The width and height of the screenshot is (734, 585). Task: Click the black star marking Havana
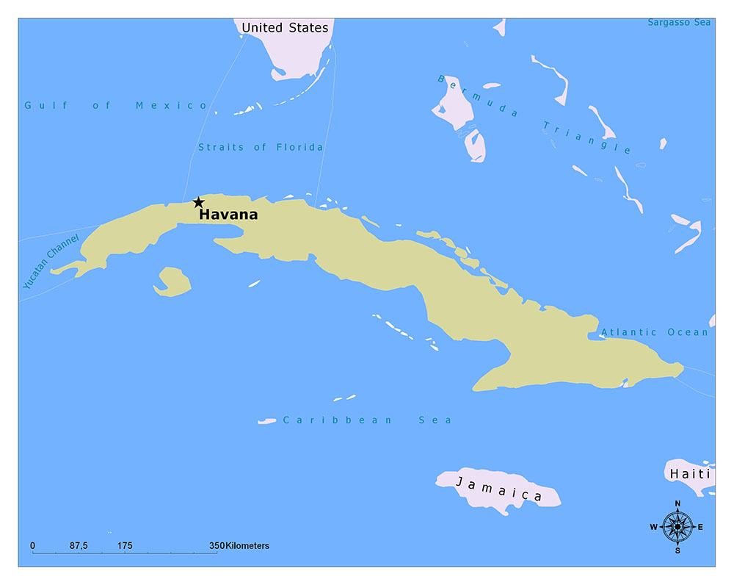(x=198, y=202)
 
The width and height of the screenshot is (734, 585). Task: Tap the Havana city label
(x=228, y=215)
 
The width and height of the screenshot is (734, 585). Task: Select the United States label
(x=285, y=28)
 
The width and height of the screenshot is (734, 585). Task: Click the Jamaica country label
(x=499, y=489)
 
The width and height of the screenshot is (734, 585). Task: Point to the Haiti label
(x=690, y=474)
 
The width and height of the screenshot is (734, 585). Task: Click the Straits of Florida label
(x=261, y=148)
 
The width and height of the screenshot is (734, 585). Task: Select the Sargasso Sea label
(x=679, y=23)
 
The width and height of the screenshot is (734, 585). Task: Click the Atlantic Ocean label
(x=655, y=332)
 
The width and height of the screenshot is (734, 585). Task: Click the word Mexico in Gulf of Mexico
(x=172, y=106)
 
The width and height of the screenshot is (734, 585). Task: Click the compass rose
(x=677, y=526)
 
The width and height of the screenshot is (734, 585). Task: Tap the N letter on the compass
(x=677, y=503)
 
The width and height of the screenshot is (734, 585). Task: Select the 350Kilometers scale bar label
(x=239, y=546)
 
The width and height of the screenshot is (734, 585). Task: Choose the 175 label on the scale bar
(x=125, y=546)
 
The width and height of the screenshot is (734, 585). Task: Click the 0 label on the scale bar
(x=32, y=546)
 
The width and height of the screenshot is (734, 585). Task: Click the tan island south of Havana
(x=173, y=281)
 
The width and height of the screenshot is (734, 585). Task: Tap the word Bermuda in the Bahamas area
(x=477, y=96)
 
